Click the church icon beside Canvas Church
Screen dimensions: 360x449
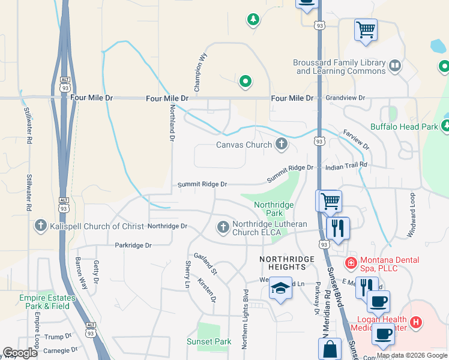coord(281,144)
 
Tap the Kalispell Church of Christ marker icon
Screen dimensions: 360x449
coord(41,226)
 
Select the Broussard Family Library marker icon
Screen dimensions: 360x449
coord(394,66)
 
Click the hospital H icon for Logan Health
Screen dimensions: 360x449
coord(415,323)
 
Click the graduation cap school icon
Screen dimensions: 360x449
coord(280,289)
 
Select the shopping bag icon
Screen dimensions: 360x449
coord(330,349)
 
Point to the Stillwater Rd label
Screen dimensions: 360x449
coord(28,192)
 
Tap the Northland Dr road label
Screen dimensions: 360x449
coord(172,122)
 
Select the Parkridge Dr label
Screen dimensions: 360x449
coord(133,245)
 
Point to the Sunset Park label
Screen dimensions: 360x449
coord(208,342)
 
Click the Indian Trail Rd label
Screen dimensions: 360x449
coord(345,164)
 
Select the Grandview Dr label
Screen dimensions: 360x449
coord(345,97)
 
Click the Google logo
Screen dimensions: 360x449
coord(20,353)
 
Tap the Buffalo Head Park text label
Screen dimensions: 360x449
coord(404,127)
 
